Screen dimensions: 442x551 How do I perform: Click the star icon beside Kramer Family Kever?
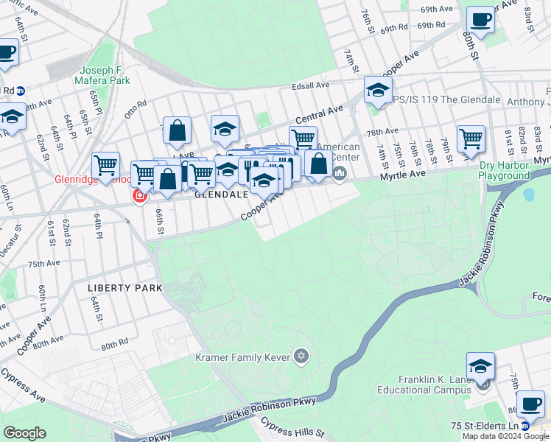coord(300,357)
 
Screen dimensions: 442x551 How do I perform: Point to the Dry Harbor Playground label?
coord(505,170)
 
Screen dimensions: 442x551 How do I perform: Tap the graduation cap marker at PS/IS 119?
coord(377,91)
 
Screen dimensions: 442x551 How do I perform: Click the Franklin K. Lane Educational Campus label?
coord(434,385)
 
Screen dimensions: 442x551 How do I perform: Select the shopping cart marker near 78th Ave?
coord(471,137)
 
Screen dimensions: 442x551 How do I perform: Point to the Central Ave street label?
coord(320,114)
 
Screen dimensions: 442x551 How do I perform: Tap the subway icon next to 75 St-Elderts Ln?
coord(524,427)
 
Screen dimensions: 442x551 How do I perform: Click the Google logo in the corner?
coord(25,432)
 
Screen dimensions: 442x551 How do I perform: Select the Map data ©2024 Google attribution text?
coord(505,436)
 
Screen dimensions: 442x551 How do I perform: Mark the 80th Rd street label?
coord(115,345)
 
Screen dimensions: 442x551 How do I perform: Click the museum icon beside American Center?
coord(340,174)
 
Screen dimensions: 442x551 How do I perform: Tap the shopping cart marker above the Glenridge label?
coord(106,164)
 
